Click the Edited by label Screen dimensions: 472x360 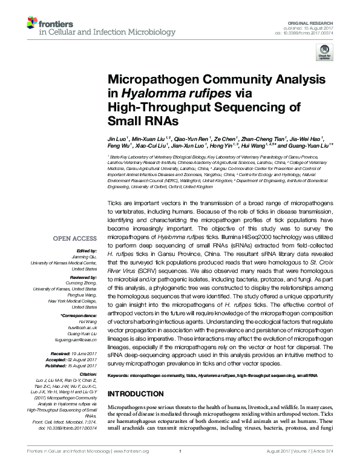coord(86,251)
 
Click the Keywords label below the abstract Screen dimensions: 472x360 coord(119,376)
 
